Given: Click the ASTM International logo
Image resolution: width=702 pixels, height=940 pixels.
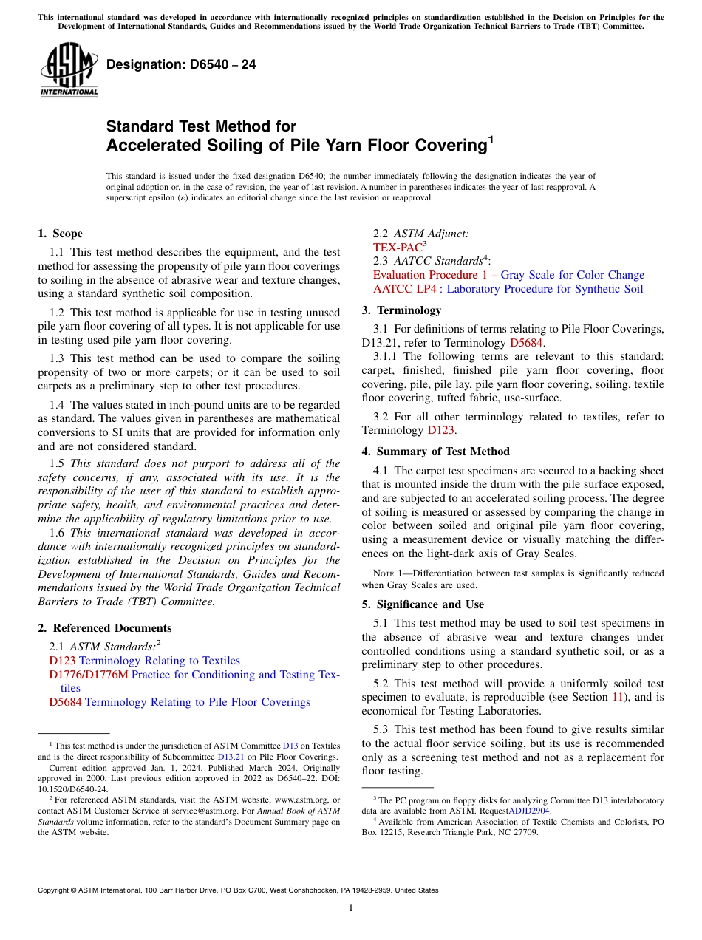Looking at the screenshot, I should click(69, 70).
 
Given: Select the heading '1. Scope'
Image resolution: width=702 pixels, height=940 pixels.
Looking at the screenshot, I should click(60, 234).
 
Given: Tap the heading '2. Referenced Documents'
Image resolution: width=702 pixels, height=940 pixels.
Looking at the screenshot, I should click(104, 628).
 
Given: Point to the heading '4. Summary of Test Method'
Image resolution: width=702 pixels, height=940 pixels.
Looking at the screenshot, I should click(435, 452).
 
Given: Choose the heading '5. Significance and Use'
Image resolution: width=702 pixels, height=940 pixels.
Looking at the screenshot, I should click(423, 604).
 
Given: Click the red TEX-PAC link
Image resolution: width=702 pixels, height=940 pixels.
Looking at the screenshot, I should click(398, 248).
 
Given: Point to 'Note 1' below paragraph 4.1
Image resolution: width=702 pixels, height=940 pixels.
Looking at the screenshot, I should click(388, 573).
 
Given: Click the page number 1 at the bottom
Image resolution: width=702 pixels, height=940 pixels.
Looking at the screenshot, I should click(351, 908).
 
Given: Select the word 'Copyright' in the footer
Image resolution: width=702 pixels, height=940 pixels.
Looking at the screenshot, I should click(56, 890).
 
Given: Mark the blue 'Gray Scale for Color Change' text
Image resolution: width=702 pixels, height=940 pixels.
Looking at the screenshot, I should click(573, 275).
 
